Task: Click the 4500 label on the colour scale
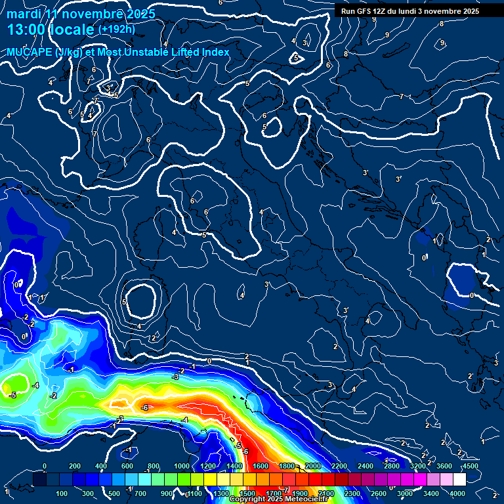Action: [x=471, y=466]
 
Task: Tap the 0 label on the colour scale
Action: [x=44, y=466]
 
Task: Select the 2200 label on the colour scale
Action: [x=339, y=466]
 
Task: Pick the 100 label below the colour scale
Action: [x=62, y=493]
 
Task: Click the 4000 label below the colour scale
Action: [x=458, y=493]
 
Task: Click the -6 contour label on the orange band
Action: [x=144, y=408]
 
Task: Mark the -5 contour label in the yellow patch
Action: [x=12, y=395]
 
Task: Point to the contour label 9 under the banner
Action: [x=373, y=20]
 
